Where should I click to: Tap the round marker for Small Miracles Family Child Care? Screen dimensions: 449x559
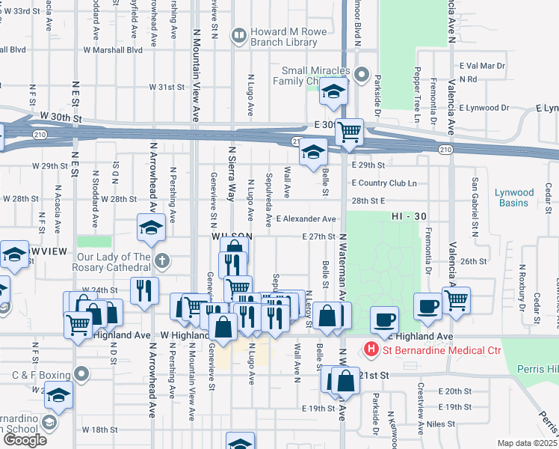click(x=362, y=73)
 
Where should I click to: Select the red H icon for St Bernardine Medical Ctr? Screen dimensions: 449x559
click(x=369, y=349)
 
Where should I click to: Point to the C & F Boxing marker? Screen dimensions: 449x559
click(x=82, y=372)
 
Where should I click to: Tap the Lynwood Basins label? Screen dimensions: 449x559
click(x=514, y=198)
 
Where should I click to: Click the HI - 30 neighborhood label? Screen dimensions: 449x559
click(x=408, y=216)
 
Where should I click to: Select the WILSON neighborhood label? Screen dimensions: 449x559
click(x=229, y=236)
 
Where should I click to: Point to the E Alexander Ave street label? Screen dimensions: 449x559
click(x=305, y=219)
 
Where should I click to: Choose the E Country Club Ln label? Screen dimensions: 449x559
click(x=383, y=183)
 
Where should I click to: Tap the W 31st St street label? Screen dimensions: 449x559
click(x=166, y=87)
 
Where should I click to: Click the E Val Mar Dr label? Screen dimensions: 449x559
click(x=482, y=66)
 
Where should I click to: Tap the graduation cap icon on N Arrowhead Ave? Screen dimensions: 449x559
click(x=151, y=227)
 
